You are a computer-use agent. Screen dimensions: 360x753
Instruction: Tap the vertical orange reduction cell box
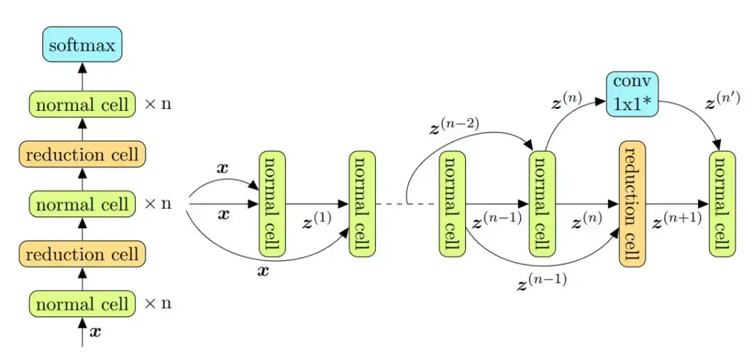pyautogui.click(x=632, y=202)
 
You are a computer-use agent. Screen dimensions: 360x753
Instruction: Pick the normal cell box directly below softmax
pyautogui.click(x=82, y=105)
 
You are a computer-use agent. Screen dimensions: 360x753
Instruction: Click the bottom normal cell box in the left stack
pyautogui.click(x=82, y=303)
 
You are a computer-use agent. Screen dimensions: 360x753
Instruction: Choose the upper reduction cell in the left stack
pyautogui.click(x=82, y=154)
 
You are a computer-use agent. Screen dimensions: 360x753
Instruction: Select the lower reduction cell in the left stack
pyautogui.click(x=82, y=254)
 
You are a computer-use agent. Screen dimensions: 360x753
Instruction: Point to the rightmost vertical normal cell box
pyautogui.click(x=722, y=202)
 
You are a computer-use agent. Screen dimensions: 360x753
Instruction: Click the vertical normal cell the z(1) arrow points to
pyautogui.click(x=361, y=202)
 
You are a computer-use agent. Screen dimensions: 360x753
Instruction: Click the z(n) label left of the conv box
pyautogui.click(x=566, y=103)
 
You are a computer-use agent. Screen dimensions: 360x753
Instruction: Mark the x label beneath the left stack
pyautogui.click(x=96, y=332)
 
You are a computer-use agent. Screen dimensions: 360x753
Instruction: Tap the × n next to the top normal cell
pyautogui.click(x=158, y=105)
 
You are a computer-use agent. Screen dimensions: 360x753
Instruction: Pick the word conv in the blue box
pyautogui.click(x=632, y=82)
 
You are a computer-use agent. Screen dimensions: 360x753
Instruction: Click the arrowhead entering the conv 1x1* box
pyautogui.click(x=602, y=101)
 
